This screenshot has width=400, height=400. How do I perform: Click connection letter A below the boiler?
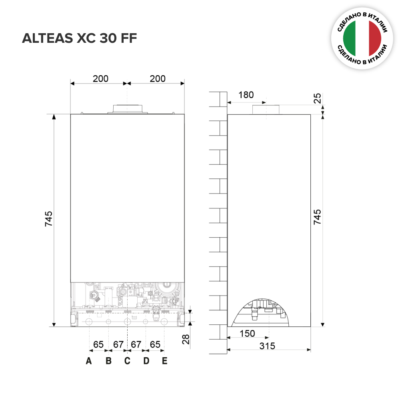(89, 361)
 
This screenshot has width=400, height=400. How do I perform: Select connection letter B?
(108, 361)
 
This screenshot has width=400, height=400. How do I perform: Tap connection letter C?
(127, 361)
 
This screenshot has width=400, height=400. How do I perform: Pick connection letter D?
(146, 361)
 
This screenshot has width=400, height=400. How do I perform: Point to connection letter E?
(164, 361)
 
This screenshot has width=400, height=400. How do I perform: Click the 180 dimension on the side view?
(246, 95)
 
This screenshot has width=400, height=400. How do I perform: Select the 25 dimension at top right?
(317, 98)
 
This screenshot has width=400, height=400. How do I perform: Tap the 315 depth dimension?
(267, 346)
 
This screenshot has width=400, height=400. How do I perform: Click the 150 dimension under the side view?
(247, 333)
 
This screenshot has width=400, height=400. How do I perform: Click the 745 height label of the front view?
(48, 219)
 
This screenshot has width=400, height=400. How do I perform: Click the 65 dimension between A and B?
(98, 344)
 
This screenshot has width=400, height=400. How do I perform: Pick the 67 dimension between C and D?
(136, 344)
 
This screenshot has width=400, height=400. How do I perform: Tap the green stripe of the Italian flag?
(350, 38)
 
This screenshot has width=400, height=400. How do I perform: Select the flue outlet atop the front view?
(127, 109)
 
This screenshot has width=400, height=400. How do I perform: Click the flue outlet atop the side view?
(265, 110)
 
